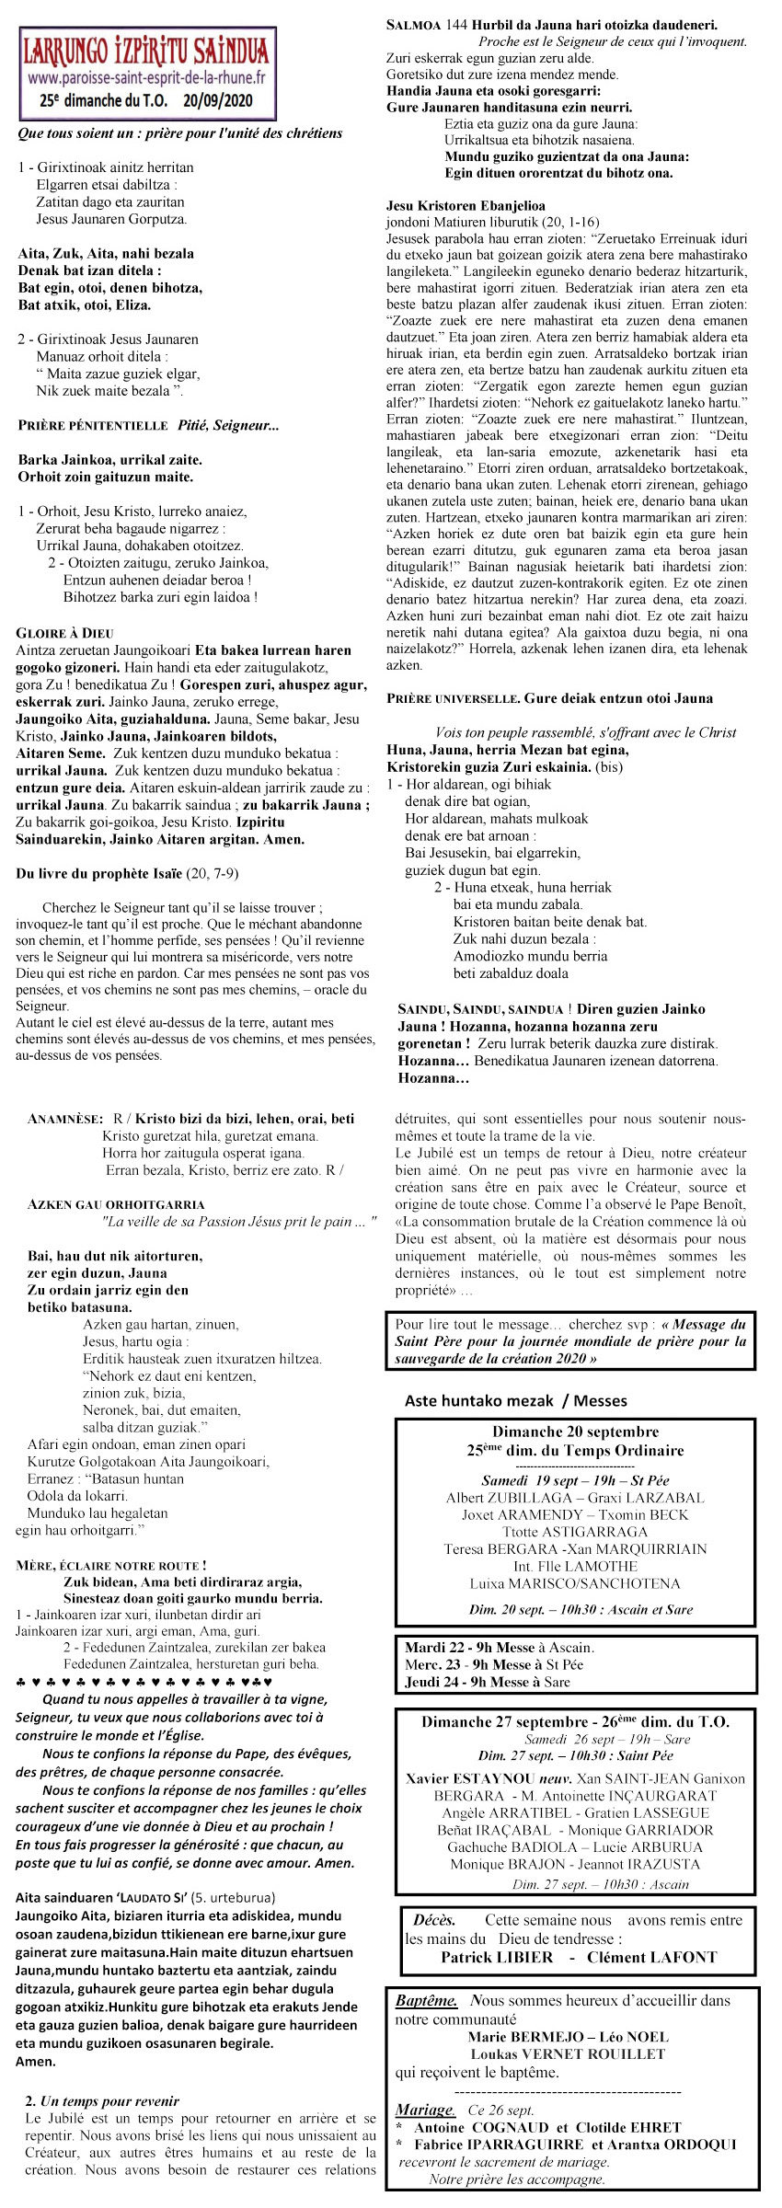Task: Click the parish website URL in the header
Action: click(145, 78)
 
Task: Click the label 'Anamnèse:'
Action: click(65, 1120)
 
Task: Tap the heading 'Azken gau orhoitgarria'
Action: click(116, 1204)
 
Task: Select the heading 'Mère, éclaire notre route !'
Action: click(111, 1565)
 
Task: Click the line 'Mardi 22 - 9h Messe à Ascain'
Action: click(500, 1647)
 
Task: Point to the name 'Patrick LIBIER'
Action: click(497, 1957)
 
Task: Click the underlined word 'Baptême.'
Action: click(426, 2000)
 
